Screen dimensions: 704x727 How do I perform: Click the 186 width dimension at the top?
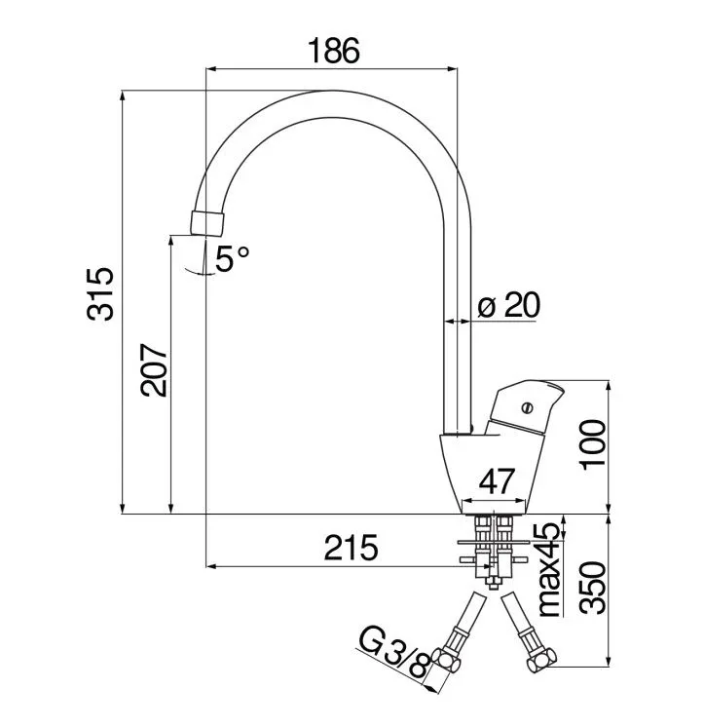pyautogui.click(x=333, y=51)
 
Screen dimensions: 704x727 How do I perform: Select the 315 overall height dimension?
pyautogui.click(x=100, y=294)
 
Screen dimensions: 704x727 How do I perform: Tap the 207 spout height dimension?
pyautogui.click(x=154, y=370)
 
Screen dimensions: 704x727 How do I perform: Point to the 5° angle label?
pyautogui.click(x=233, y=258)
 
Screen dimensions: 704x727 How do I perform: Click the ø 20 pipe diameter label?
pyautogui.click(x=508, y=305)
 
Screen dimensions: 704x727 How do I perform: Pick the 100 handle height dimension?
pyautogui.click(x=593, y=445)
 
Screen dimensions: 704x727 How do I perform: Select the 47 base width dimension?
pyautogui.click(x=497, y=481)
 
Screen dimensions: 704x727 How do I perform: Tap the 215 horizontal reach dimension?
pyautogui.click(x=351, y=548)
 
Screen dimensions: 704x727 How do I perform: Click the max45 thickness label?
pyautogui.click(x=550, y=570)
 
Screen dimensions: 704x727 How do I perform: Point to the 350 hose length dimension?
pyautogui.click(x=593, y=589)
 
